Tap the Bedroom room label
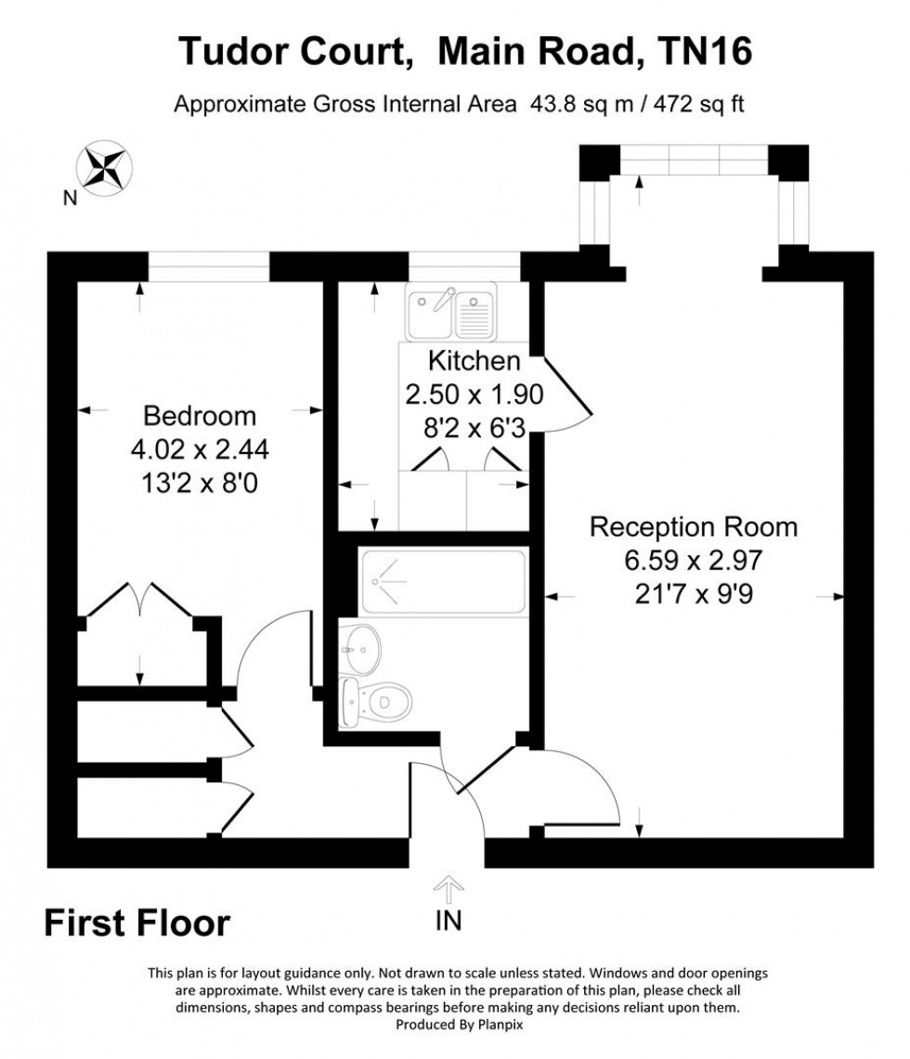(199, 415)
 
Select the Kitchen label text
(474, 360)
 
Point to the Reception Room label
(694, 527)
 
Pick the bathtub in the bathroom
(444, 581)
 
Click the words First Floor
(136, 923)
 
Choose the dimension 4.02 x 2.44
(199, 450)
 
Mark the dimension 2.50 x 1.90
(474, 394)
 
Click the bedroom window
(208, 266)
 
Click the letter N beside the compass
(69, 196)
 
